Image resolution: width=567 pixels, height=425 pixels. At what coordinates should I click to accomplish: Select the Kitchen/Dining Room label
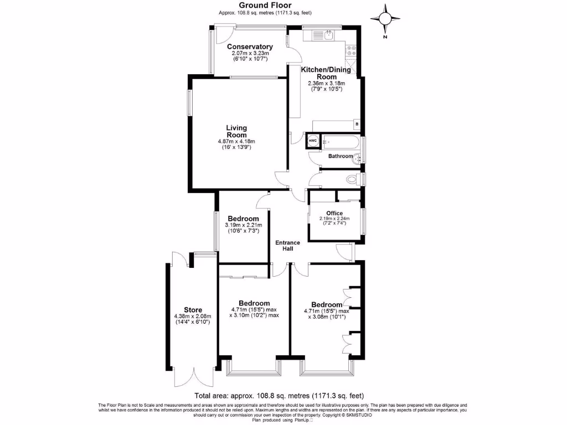(326, 73)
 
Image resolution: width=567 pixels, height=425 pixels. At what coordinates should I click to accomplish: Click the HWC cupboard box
(312, 142)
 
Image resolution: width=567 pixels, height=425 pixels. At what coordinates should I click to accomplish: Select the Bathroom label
(340, 157)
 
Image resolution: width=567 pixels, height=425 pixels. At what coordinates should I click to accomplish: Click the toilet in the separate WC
(351, 179)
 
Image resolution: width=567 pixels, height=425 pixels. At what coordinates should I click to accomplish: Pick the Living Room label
(236, 131)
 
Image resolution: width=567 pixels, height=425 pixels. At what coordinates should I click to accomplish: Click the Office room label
(334, 213)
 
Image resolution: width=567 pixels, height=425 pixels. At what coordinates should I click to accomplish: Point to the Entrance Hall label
(288, 246)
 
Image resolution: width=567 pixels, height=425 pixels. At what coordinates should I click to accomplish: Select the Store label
(193, 310)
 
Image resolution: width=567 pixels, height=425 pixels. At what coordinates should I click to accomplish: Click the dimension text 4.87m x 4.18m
(236, 142)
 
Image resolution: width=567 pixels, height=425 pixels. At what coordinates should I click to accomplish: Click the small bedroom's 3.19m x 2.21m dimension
(244, 225)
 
